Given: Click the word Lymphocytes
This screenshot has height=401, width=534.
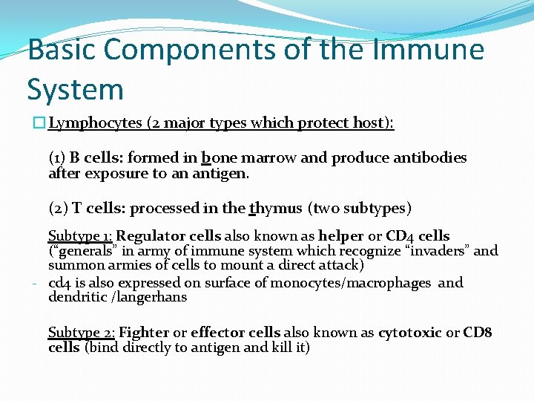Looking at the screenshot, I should tap(96, 123).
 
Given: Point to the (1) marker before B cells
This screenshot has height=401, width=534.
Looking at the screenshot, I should tap(56, 158).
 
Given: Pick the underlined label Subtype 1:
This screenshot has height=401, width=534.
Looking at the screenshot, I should tap(80, 237).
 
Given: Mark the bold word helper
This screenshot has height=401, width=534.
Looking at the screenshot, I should tap(340, 237).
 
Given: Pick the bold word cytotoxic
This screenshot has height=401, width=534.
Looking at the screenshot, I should tap(410, 333).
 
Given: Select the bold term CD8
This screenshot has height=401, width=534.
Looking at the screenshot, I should tap(478, 333).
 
